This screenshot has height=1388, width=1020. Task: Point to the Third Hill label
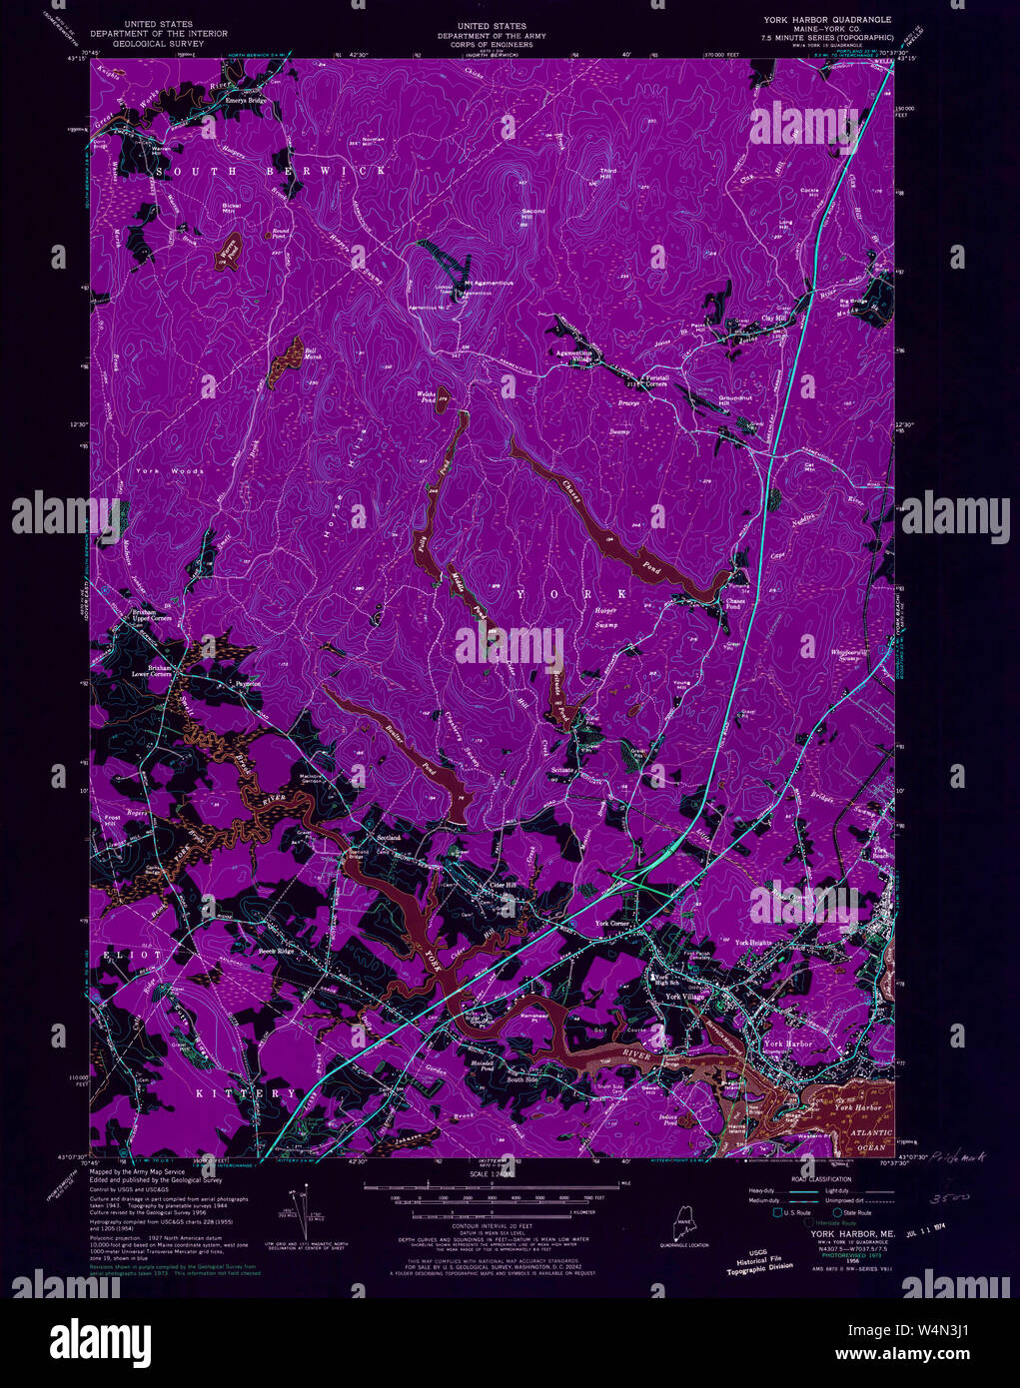tap(607, 174)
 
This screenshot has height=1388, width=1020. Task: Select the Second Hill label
tap(533, 214)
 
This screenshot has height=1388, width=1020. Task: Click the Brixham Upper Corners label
tap(153, 615)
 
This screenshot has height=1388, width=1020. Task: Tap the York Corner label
tap(612, 924)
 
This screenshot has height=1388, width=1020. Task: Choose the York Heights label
tap(754, 943)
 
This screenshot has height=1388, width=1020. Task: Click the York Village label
tap(685, 997)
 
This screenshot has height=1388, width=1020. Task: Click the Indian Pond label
tap(668, 1119)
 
